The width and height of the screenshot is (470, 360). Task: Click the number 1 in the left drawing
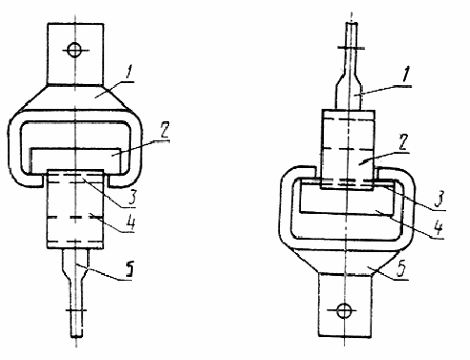click(x=128, y=74)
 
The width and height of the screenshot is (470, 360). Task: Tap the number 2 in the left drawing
click(x=164, y=130)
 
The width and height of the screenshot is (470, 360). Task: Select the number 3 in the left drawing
click(x=130, y=198)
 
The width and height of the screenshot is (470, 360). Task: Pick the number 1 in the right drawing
click(x=405, y=74)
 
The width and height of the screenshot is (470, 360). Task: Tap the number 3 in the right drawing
click(x=439, y=200)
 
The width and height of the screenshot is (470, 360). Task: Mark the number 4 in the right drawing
click(x=438, y=227)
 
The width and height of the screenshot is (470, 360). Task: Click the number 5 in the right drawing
click(x=402, y=269)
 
